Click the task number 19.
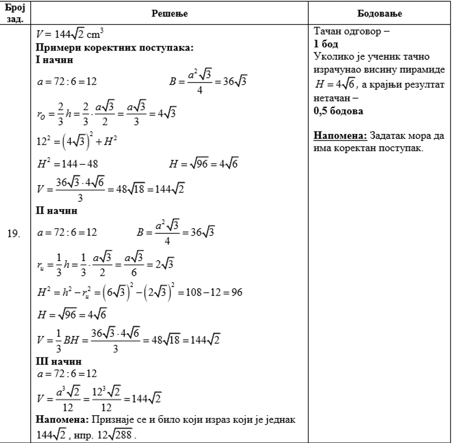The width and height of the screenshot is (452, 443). (14, 234)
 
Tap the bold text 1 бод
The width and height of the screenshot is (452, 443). (327, 44)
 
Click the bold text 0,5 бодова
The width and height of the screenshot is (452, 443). (339, 111)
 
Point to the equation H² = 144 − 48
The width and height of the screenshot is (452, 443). (68, 164)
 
